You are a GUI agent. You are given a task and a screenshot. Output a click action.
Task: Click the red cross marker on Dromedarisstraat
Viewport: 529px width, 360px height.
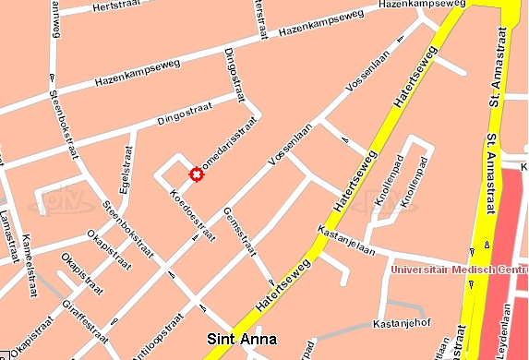click(196, 174)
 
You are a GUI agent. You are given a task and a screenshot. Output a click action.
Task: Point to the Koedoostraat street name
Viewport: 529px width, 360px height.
click(192, 215)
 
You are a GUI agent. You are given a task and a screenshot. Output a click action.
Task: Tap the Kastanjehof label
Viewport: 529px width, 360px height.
click(402, 324)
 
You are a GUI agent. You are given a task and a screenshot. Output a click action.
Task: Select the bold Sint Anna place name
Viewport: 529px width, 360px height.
click(242, 339)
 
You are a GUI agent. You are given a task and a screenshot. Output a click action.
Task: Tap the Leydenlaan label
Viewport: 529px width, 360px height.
click(505, 332)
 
